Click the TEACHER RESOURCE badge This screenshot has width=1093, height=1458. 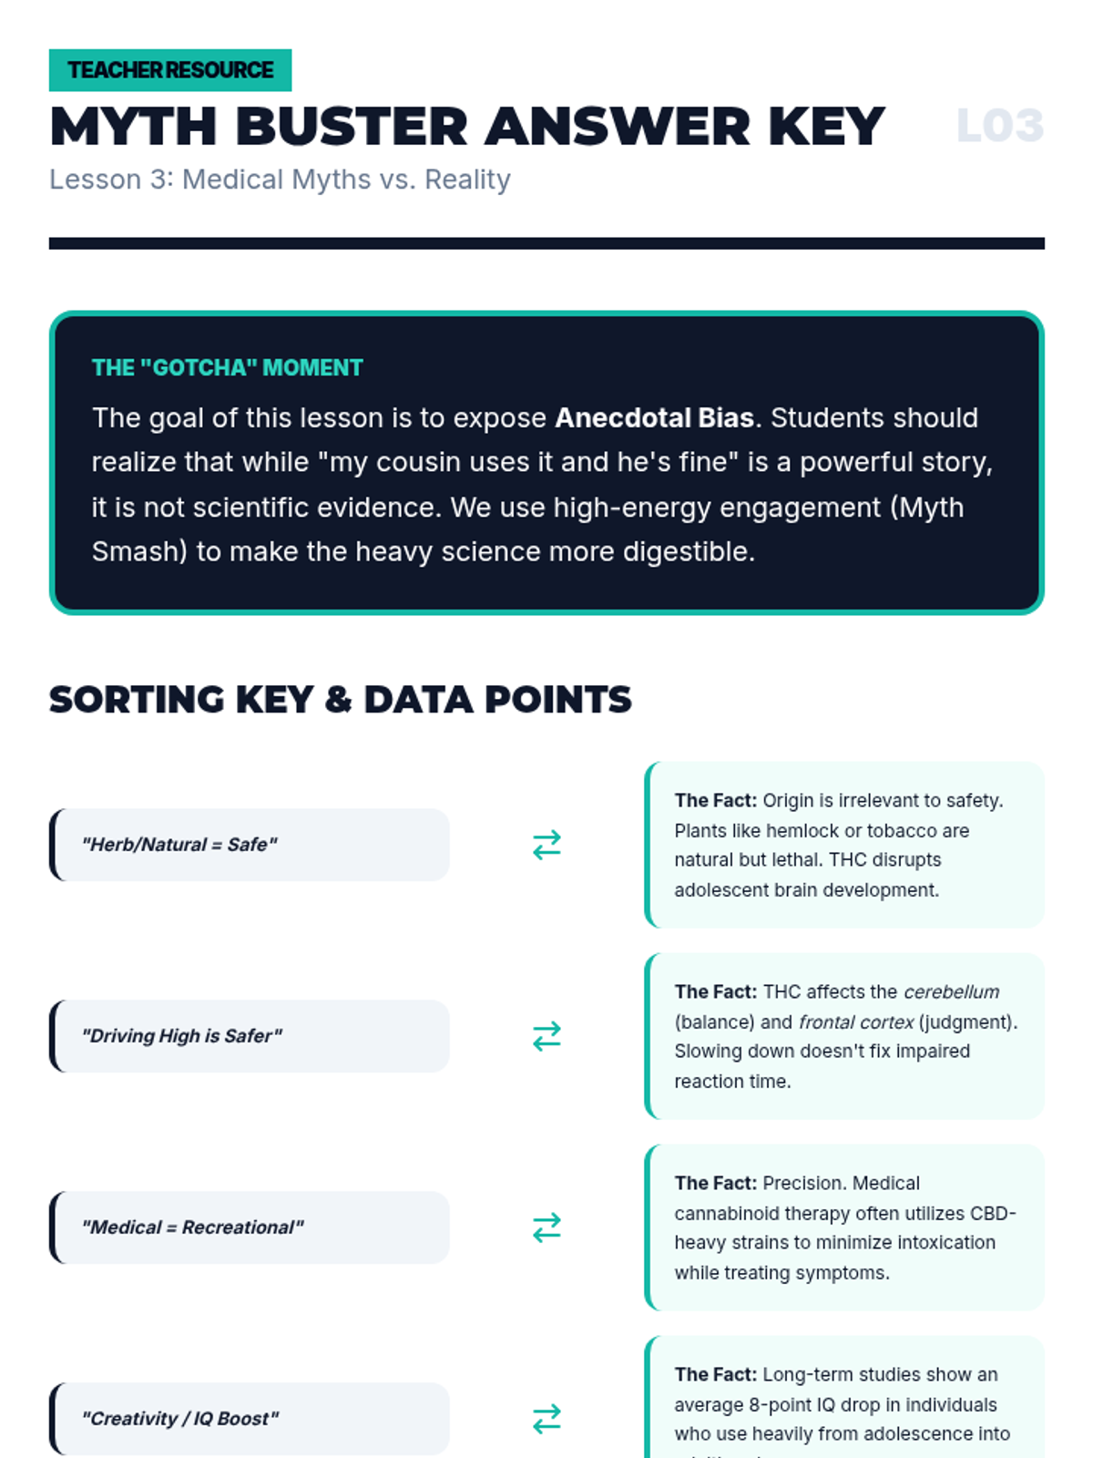[x=170, y=70]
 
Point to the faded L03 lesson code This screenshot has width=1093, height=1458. [x=999, y=126]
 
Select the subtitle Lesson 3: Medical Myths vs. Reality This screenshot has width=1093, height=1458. [x=280, y=180]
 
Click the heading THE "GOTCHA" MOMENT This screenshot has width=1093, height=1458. [x=227, y=368]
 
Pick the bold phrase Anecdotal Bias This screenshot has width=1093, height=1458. [x=654, y=418]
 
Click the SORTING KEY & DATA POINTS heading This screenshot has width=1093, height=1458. [x=340, y=700]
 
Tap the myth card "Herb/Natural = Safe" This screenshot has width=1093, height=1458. [x=250, y=845]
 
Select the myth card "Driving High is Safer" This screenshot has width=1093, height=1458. [x=250, y=1036]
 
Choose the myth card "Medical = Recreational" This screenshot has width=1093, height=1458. [x=250, y=1227]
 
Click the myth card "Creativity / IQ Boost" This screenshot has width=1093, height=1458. [x=250, y=1419]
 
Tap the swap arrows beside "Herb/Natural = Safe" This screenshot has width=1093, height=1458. [x=546, y=845]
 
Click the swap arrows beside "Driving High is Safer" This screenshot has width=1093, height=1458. [x=546, y=1036]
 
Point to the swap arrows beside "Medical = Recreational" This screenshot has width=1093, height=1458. [x=546, y=1227]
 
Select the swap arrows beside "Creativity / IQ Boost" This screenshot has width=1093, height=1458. [x=546, y=1419]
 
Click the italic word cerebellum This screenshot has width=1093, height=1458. [x=951, y=992]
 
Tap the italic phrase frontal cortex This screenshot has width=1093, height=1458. [x=855, y=1022]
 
